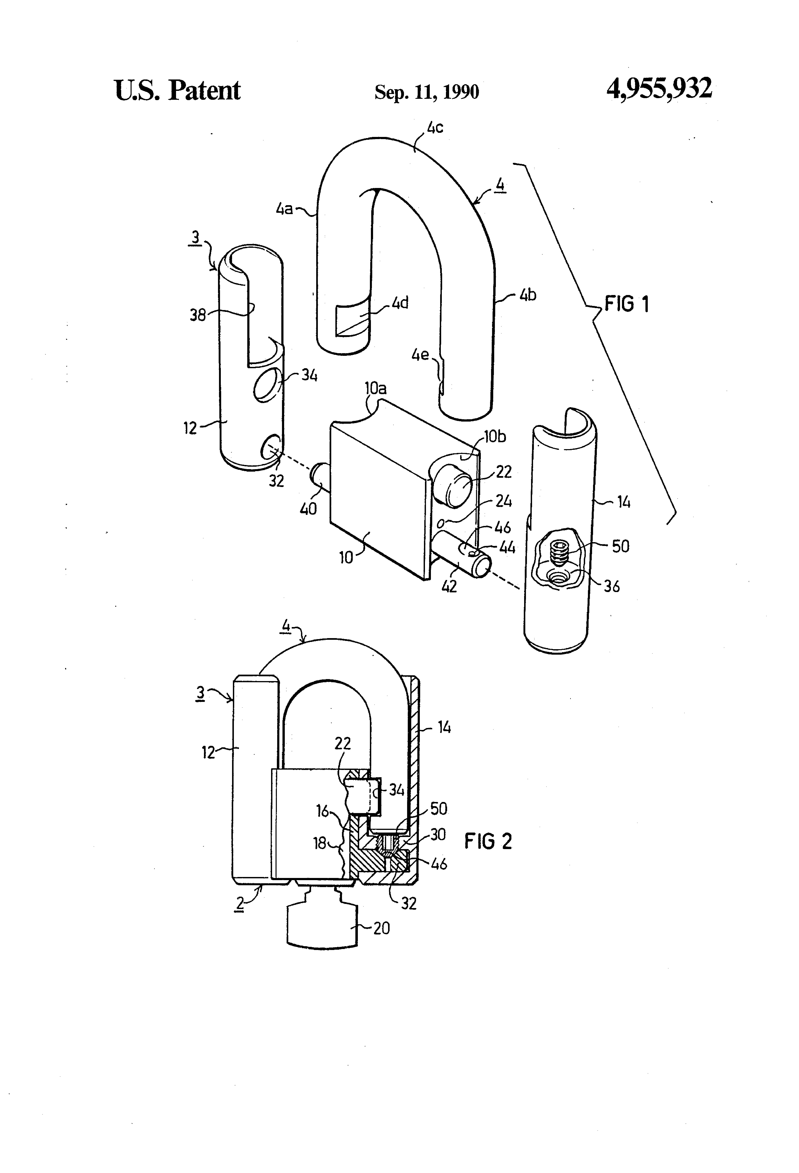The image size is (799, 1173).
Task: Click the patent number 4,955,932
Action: [x=659, y=89]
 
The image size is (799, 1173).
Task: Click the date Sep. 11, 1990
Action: [x=427, y=92]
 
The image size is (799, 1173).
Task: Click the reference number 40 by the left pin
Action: [x=308, y=508]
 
